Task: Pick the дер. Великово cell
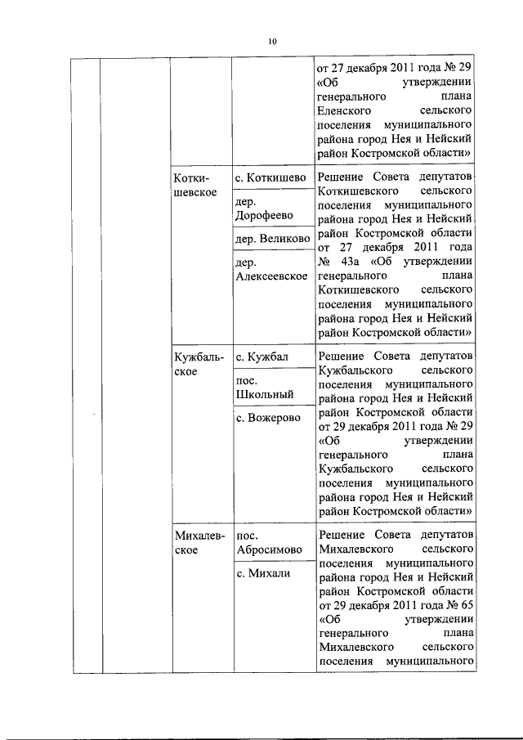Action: [272, 240]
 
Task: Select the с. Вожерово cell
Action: [267, 417]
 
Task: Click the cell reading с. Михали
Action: [263, 573]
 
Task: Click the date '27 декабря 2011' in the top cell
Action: [372, 64]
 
